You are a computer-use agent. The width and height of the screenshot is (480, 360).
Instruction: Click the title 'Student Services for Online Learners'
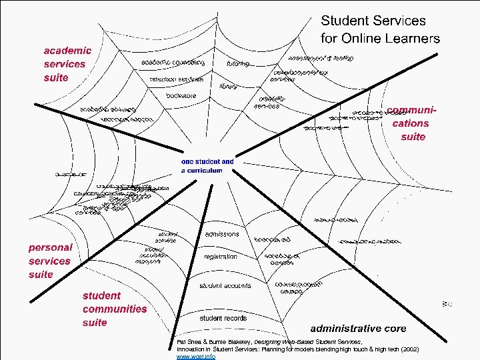tap(380, 29)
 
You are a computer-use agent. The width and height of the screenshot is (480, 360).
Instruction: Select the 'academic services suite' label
tap(67, 64)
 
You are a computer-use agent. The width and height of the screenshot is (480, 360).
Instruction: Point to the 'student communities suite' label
tap(114, 309)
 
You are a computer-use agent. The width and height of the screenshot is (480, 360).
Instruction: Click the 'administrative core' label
tap(358, 329)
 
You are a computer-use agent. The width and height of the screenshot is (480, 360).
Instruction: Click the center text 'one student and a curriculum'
tap(207, 166)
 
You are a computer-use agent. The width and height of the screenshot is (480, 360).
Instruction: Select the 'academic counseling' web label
tap(173, 63)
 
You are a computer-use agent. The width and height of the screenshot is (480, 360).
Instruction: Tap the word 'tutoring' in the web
tap(238, 64)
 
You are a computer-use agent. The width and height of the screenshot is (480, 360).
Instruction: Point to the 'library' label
tap(229, 85)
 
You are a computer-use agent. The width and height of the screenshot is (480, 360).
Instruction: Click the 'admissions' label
tap(222, 235)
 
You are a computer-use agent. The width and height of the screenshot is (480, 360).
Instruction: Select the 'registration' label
tap(221, 256)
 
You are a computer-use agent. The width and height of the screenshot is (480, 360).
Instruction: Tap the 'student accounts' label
tap(225, 285)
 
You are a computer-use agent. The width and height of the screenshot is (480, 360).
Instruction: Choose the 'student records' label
tap(223, 318)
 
